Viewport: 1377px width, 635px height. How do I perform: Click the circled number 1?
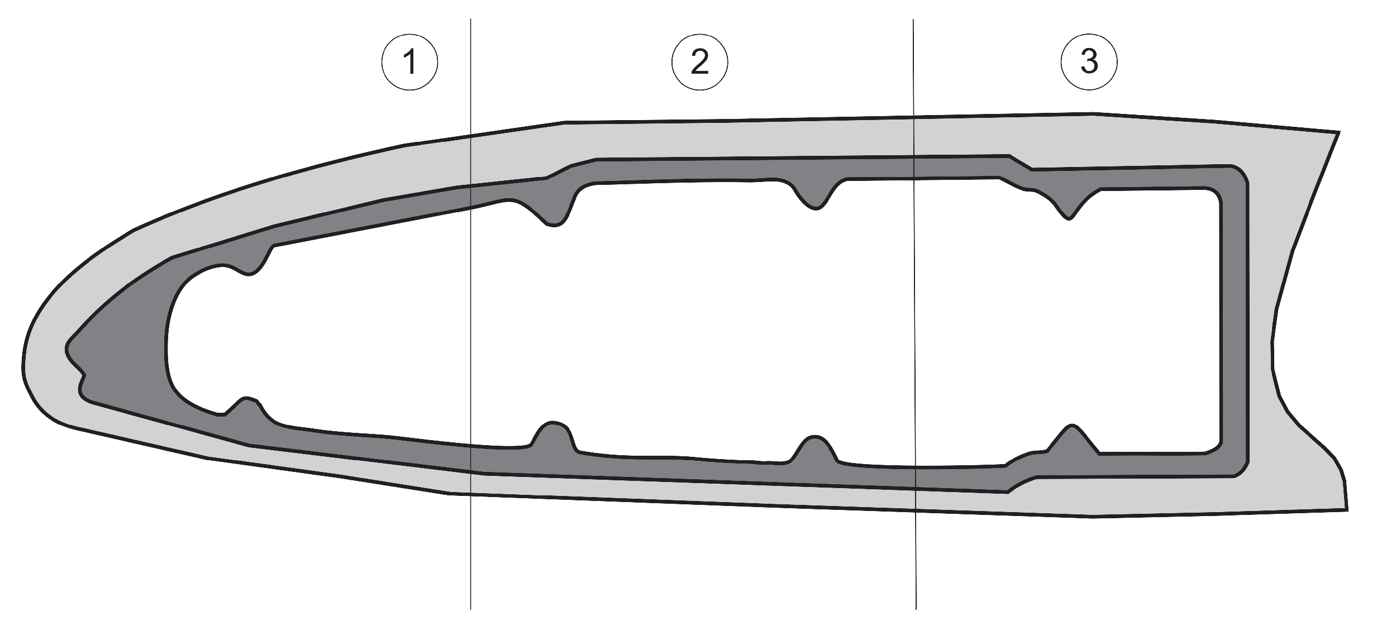409,62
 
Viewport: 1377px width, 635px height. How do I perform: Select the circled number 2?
699,62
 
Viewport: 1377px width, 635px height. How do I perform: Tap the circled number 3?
1089,62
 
